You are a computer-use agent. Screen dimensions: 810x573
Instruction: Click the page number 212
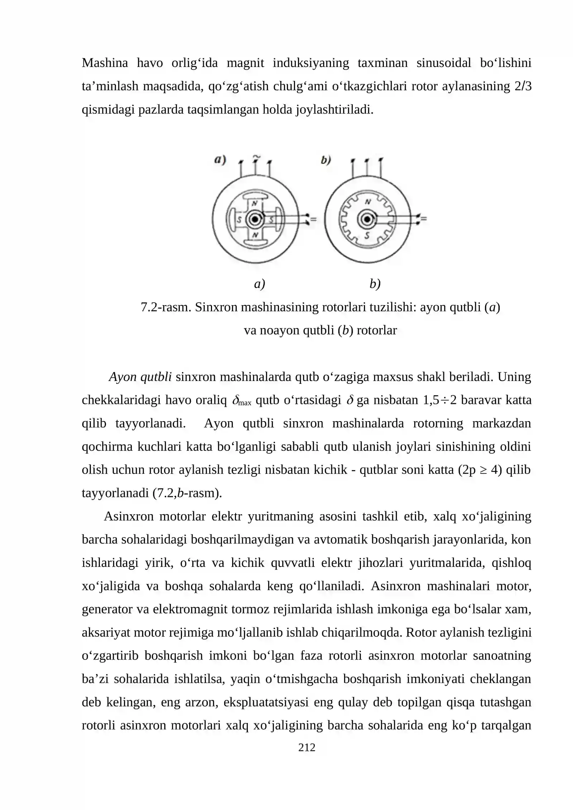307,747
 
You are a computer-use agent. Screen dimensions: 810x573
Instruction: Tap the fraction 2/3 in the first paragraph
523,86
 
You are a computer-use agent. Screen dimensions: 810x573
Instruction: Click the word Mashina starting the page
105,63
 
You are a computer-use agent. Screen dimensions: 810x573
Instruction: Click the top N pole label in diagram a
255,203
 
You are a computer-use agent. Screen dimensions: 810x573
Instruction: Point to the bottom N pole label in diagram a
255,235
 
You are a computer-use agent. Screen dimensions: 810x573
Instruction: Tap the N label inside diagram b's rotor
368,202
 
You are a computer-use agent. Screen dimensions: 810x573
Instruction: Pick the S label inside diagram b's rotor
367,235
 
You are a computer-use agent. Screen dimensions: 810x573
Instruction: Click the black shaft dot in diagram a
255,219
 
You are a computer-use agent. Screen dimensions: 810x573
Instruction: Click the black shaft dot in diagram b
367,219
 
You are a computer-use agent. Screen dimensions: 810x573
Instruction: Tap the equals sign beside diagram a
313,219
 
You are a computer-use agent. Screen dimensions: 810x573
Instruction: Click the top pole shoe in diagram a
255,196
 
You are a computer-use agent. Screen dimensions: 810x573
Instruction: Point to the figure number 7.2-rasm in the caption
165,307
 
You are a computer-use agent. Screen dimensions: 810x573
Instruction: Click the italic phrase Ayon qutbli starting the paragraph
140,377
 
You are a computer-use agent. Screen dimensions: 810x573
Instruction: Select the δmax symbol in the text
242,401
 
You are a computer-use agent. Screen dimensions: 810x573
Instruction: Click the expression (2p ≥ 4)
480,470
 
